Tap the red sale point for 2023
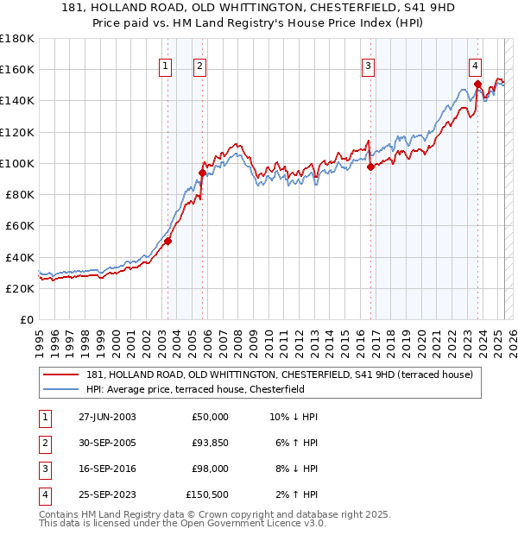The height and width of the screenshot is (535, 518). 477,84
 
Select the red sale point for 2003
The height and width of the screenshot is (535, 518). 168,242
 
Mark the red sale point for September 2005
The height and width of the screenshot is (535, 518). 203,173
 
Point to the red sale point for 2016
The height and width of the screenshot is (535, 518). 370,167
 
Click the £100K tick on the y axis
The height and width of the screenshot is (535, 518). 18,163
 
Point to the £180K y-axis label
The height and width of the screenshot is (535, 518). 18,39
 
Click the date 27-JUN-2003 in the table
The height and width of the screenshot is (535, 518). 107,417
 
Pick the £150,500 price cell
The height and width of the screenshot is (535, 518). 207,495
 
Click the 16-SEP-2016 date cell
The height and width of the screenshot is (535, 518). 107,469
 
